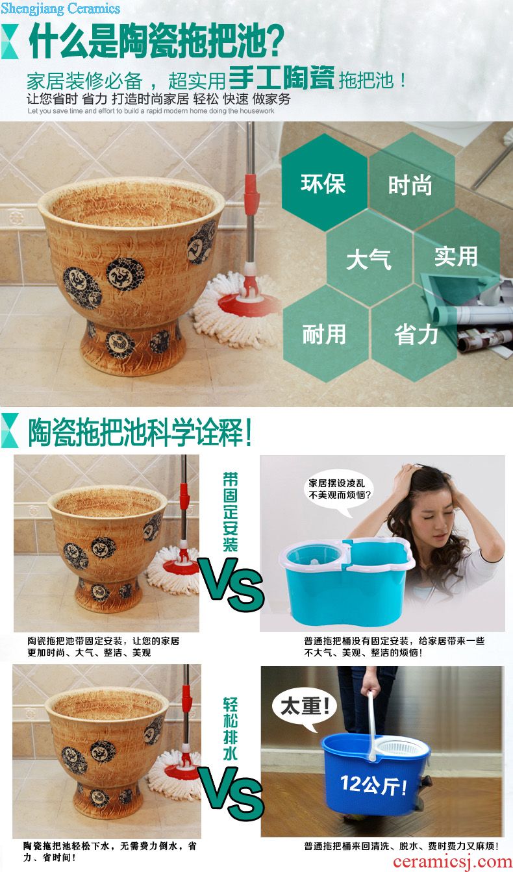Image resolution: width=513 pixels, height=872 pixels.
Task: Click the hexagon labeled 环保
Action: pyautogui.click(x=324, y=182)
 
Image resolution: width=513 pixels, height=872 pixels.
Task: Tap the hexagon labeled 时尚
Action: pyautogui.click(x=411, y=182)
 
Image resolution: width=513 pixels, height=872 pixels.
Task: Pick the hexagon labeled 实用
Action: pyautogui.click(x=456, y=257)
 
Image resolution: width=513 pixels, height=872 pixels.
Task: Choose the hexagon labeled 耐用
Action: pyautogui.click(x=325, y=333)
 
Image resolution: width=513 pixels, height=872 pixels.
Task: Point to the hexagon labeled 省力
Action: pyautogui.click(x=415, y=333)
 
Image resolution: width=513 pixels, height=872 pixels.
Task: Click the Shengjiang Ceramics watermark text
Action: pyautogui.click(x=60, y=8)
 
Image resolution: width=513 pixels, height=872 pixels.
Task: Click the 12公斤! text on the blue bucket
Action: pyautogui.click(x=373, y=784)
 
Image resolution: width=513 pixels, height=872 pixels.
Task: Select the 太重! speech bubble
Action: pyautogui.click(x=305, y=706)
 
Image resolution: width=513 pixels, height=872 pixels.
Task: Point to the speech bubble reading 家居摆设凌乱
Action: pyautogui.click(x=338, y=490)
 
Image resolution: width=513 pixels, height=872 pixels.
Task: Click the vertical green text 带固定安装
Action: pyautogui.click(x=230, y=512)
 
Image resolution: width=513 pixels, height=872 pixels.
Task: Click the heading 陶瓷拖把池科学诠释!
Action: pyautogui.click(x=140, y=432)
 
